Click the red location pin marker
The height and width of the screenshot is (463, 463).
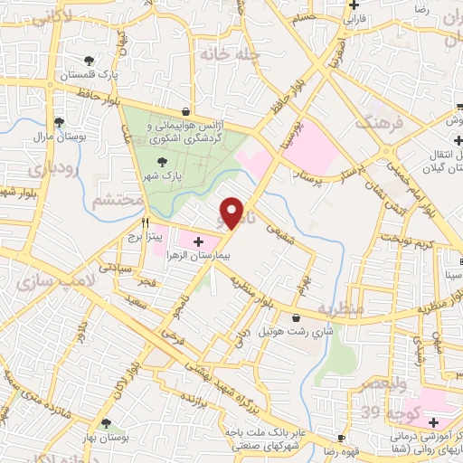click(x=232, y=213)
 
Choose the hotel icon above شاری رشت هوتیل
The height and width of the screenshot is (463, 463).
click(x=298, y=317)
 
